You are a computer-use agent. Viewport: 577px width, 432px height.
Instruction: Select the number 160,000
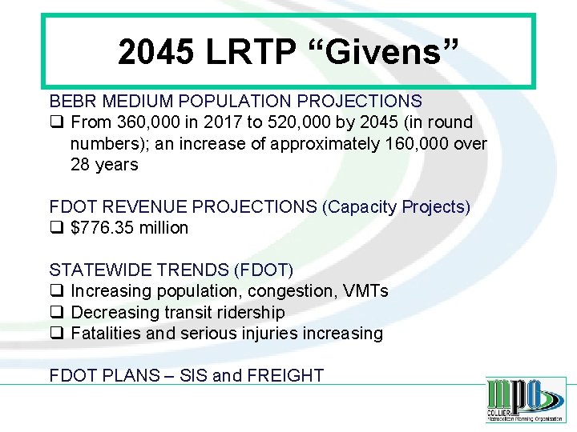tap(419, 144)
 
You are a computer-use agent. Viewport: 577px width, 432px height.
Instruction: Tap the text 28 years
tap(104, 165)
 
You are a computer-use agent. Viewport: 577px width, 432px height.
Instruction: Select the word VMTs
tap(366, 291)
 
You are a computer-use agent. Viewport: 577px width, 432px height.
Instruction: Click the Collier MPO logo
tap(525, 399)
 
